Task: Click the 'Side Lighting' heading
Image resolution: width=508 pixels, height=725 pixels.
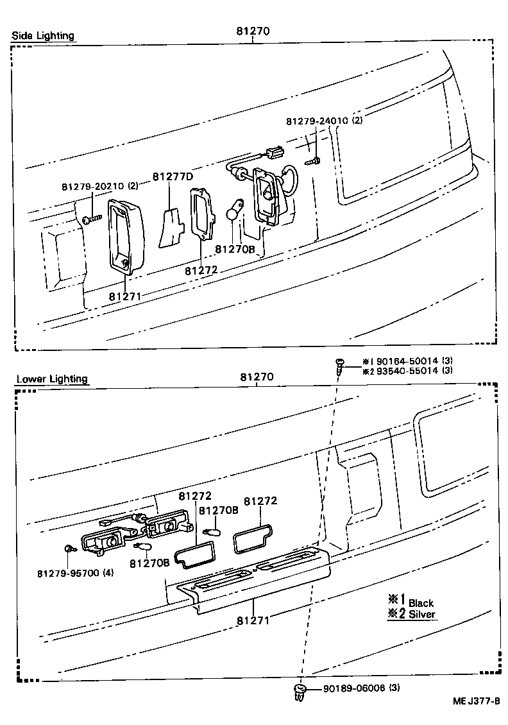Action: coord(43,36)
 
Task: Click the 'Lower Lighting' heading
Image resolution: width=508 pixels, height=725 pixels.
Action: coord(51,379)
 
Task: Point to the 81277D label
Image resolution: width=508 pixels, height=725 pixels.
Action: coord(173,176)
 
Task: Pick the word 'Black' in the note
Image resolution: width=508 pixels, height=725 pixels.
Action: coord(421,602)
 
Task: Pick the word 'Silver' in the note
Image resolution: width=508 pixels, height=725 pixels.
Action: coord(422,614)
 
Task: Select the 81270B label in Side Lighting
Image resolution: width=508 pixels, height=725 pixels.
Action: coord(235,248)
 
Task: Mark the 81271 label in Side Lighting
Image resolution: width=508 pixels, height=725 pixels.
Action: coord(124,296)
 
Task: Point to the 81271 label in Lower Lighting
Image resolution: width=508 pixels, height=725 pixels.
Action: coord(252,620)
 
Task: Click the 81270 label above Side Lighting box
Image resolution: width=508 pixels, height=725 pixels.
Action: coord(253,31)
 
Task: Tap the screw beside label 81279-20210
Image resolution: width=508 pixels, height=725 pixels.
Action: coord(90,219)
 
